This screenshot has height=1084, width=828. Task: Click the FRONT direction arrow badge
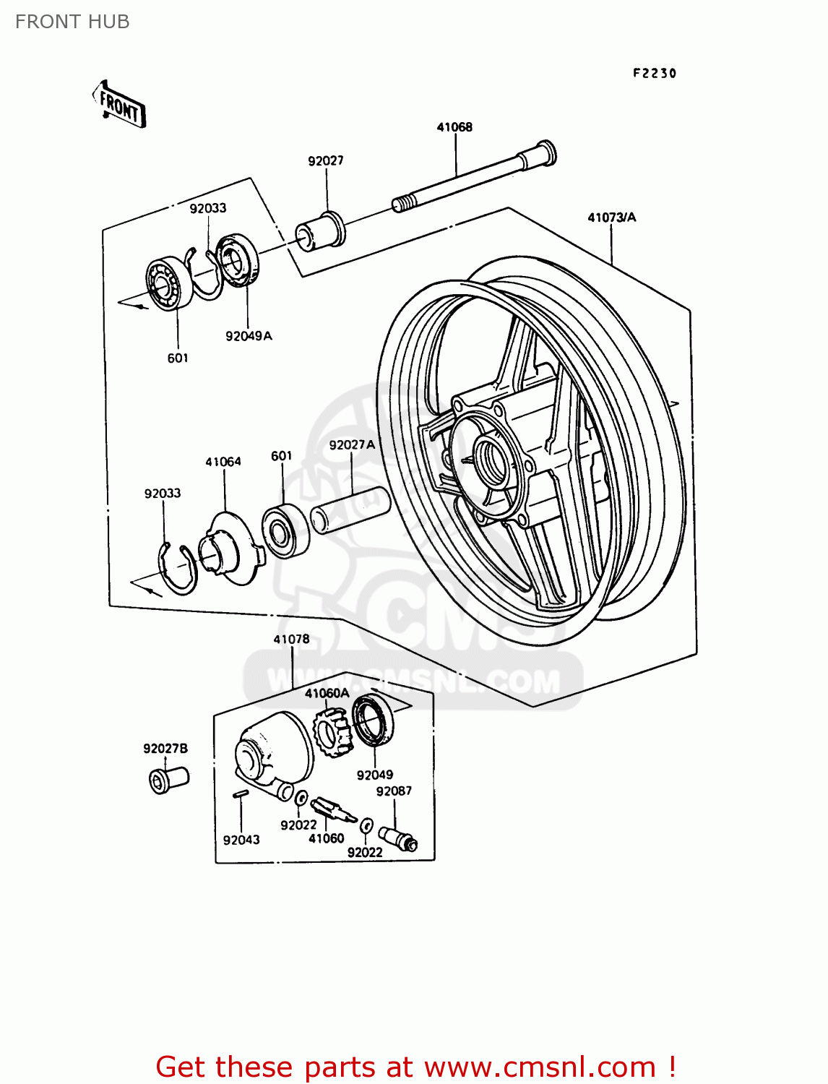[x=119, y=106]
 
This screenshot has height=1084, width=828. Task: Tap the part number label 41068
[x=454, y=127]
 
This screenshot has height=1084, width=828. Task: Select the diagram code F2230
[x=655, y=73]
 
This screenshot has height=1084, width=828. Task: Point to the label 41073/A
[x=611, y=218]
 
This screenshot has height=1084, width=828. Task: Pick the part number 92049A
[x=249, y=336]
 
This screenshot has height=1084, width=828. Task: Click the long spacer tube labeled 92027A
[x=350, y=511]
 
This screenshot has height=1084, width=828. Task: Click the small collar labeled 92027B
[x=168, y=780]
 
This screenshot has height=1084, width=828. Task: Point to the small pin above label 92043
[x=241, y=794]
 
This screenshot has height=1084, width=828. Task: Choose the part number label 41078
[x=291, y=640]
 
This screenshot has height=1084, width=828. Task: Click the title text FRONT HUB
[x=72, y=22]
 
